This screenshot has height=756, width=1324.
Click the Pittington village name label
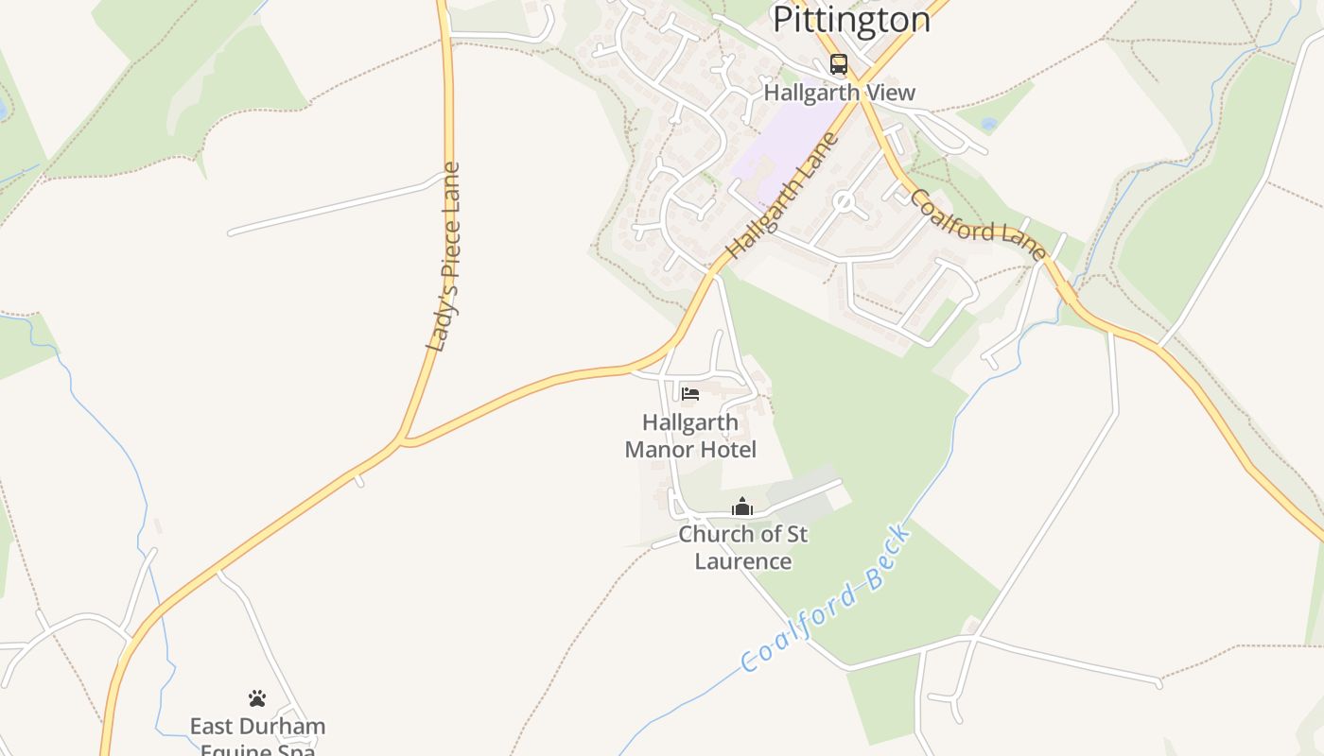[x=851, y=18]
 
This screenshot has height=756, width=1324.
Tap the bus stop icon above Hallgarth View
[x=839, y=64]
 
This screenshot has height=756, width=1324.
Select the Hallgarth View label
[x=840, y=93]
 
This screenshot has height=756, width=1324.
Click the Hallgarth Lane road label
[x=783, y=197]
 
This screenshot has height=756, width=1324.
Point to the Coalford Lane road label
[x=978, y=225]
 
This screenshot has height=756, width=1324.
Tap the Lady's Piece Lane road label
[x=444, y=257]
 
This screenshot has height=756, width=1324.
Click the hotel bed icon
[x=690, y=393]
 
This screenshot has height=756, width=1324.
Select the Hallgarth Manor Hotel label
[x=690, y=436]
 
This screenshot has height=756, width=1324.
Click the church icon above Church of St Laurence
[x=742, y=507]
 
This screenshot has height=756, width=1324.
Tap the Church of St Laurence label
[x=743, y=547]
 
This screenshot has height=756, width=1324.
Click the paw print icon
[x=257, y=698]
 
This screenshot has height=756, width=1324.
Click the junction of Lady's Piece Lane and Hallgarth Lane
[x=404, y=440]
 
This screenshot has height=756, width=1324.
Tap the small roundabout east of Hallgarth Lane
[x=843, y=201]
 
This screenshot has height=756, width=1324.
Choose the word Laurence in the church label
[x=743, y=561]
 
